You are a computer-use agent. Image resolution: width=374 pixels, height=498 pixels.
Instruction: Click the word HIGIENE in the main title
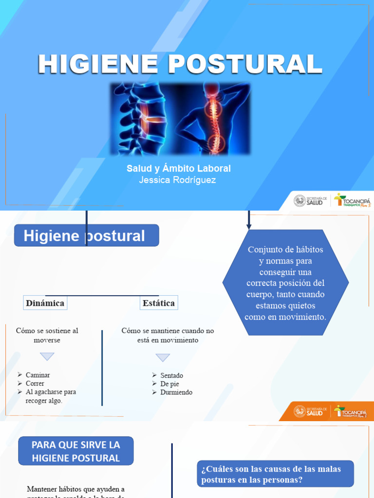coord(98,65)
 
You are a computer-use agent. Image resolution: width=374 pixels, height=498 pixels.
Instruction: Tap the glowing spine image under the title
coord(180,119)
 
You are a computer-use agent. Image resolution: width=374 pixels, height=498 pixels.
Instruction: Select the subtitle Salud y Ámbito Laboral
coord(179,169)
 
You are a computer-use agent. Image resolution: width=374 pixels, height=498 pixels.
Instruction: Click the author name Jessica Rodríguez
coord(177,180)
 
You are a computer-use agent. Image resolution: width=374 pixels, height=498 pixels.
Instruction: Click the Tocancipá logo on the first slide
coord(352,200)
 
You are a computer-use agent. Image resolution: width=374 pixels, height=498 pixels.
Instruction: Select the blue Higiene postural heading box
coord(86,236)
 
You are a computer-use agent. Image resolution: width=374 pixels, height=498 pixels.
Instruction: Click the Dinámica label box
coord(45,303)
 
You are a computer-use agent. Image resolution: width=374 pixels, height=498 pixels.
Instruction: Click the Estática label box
coord(159,303)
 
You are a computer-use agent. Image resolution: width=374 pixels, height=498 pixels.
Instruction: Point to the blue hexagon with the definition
coord(286,283)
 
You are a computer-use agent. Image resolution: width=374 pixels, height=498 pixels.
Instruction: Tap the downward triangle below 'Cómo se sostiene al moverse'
coord(47,356)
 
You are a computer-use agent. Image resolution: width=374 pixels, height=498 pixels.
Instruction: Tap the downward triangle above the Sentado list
coord(163,357)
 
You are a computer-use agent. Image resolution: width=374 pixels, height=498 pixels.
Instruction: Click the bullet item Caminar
coord(37,375)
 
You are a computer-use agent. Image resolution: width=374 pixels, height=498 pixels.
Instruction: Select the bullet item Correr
coord(35,383)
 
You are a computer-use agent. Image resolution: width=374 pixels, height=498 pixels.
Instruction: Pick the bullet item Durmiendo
coord(176,392)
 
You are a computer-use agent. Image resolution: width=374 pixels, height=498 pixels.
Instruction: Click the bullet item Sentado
coord(171,375)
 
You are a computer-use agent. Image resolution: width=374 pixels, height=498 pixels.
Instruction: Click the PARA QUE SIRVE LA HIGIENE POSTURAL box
coord(75,451)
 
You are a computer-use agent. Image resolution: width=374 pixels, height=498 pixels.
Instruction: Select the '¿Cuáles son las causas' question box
coord(275,474)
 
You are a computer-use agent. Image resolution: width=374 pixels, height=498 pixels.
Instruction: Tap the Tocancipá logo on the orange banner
coord(352,412)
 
